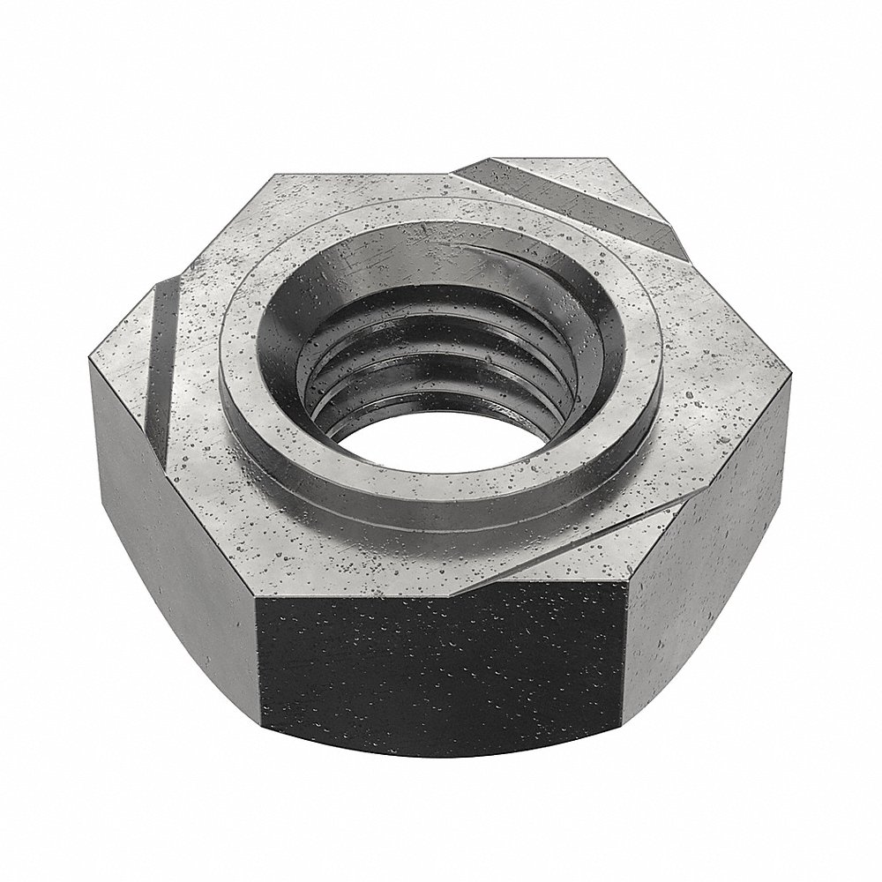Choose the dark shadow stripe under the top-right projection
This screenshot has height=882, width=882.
tap(617, 212)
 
